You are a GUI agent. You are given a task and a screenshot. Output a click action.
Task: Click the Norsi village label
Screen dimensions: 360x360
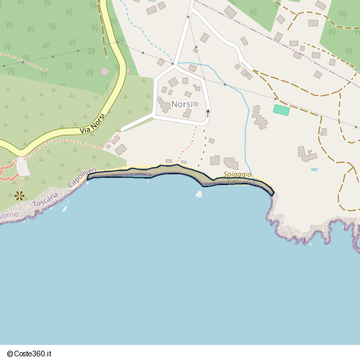pos(182,104)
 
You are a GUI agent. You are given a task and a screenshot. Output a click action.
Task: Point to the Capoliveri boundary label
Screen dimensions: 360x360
pos(81,178)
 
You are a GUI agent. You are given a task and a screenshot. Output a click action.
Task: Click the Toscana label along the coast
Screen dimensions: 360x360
pos(45,199)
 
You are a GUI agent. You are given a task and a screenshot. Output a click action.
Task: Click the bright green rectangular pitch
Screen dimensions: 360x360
pos(281,110)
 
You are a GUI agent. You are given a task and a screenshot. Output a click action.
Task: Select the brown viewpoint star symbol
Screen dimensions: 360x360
pos(19,195)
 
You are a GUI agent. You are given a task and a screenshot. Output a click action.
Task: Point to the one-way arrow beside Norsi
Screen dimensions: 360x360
pos(208,112)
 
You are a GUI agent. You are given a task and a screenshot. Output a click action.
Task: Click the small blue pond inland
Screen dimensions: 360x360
pos(314,170)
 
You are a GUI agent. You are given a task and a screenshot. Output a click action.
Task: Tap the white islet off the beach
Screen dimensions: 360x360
pos(199,193)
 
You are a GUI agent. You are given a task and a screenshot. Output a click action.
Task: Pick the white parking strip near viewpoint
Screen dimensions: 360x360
pos(24,166)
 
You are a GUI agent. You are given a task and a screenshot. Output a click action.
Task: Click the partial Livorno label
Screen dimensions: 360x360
pos(9,215)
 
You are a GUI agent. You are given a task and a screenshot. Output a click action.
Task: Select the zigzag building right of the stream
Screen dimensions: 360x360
pos(259,117)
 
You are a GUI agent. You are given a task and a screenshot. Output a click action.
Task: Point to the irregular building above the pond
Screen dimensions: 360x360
pos(307,153)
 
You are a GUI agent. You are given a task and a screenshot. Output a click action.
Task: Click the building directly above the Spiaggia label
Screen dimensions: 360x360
pos(230,163)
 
